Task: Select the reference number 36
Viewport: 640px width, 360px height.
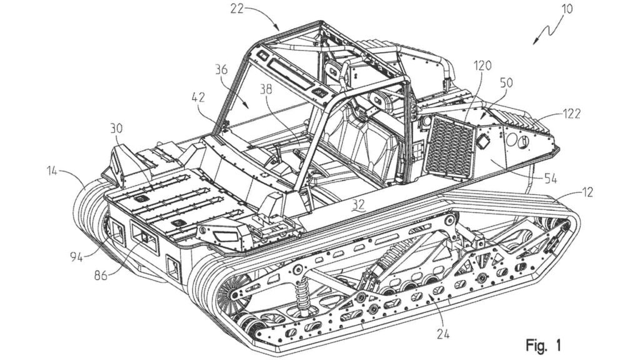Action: (221, 71)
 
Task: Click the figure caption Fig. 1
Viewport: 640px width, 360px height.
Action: (542, 344)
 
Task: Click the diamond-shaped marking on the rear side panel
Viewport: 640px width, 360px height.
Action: (484, 143)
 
